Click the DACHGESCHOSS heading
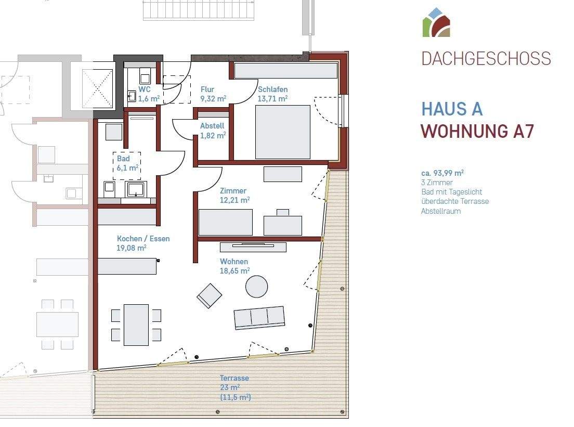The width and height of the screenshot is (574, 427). [x=486, y=58]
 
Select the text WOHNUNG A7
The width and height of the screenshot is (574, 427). [x=477, y=132]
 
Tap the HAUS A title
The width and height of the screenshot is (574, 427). [x=452, y=109]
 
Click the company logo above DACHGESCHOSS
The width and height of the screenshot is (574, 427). [x=436, y=23]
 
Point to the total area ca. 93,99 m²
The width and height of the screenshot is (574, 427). [x=442, y=173]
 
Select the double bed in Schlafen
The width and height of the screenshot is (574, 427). [x=282, y=132]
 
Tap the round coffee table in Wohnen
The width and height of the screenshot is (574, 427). [x=256, y=287]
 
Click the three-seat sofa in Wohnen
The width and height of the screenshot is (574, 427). [x=259, y=317]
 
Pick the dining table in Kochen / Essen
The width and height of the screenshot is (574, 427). [x=136, y=325]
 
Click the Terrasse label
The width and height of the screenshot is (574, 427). [x=234, y=378]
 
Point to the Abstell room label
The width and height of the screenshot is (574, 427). [x=212, y=126]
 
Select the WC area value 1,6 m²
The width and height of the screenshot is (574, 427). [x=149, y=98]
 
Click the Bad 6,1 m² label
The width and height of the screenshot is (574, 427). [x=127, y=163]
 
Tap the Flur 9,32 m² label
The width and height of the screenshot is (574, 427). [x=213, y=94]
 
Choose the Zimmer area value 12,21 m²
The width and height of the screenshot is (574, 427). [x=234, y=200]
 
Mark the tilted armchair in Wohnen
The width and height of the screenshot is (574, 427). [x=210, y=295]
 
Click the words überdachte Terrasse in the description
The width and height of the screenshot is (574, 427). [x=454, y=201]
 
